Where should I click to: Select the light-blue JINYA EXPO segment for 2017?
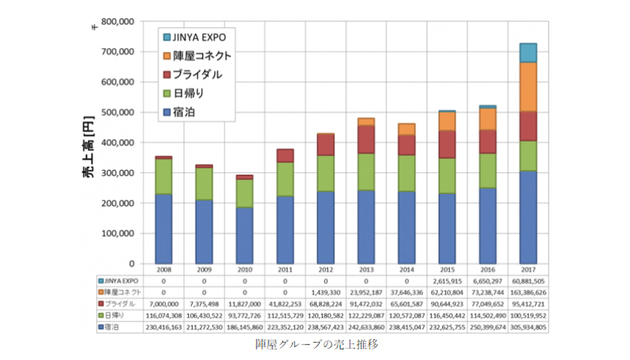pos(528,53)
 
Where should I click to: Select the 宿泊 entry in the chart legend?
pos(184,112)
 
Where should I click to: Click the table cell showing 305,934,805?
pos(528,327)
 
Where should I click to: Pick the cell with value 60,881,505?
pos(528,281)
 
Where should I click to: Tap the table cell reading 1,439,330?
pos(325,292)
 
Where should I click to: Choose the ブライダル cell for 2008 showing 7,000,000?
pos(164,304)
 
